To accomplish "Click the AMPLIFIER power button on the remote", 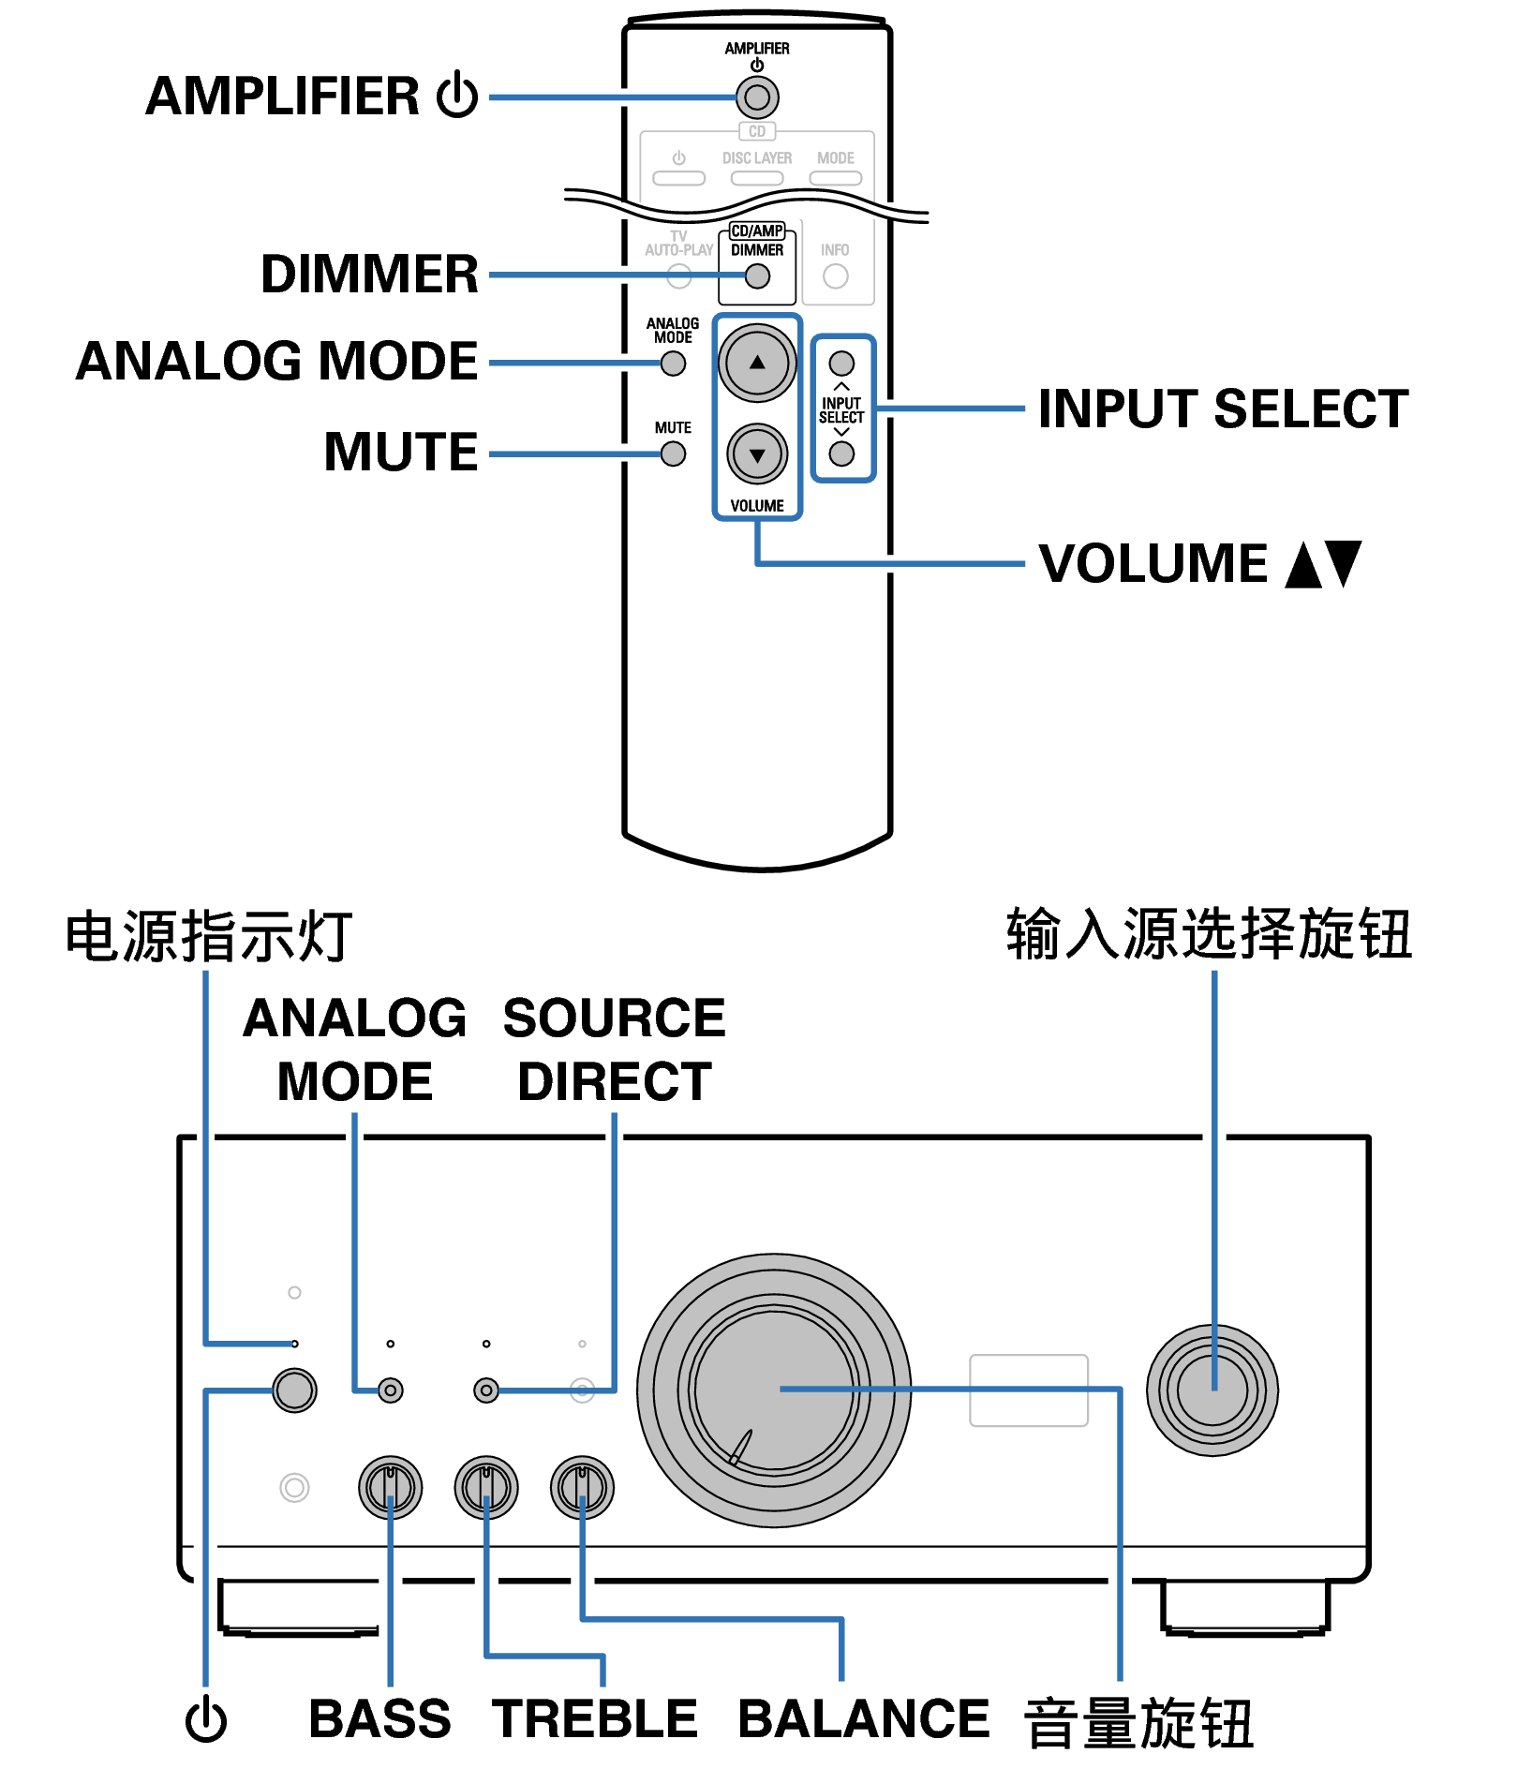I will [x=757, y=97].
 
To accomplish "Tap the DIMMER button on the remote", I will [x=757, y=276].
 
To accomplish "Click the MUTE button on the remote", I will [x=673, y=454].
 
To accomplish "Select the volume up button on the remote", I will [x=757, y=363].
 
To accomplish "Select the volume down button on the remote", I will [x=757, y=454].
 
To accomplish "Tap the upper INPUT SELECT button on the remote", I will [x=841, y=363].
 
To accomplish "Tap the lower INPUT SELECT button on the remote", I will [x=841, y=454].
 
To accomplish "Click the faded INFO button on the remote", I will [x=835, y=276].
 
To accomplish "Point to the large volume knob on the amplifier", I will [x=774, y=1390].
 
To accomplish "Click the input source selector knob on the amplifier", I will [x=1212, y=1390].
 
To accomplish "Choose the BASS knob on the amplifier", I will [x=391, y=1487].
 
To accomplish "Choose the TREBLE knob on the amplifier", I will [x=486, y=1487].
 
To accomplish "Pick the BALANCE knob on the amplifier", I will [x=582, y=1487].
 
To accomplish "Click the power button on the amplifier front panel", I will [x=294, y=1390].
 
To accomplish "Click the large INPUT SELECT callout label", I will [x=1223, y=409].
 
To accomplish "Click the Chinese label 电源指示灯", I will [x=208, y=936].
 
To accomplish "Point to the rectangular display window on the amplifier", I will [x=1028, y=1390].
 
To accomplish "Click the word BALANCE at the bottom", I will [x=863, y=1718].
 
